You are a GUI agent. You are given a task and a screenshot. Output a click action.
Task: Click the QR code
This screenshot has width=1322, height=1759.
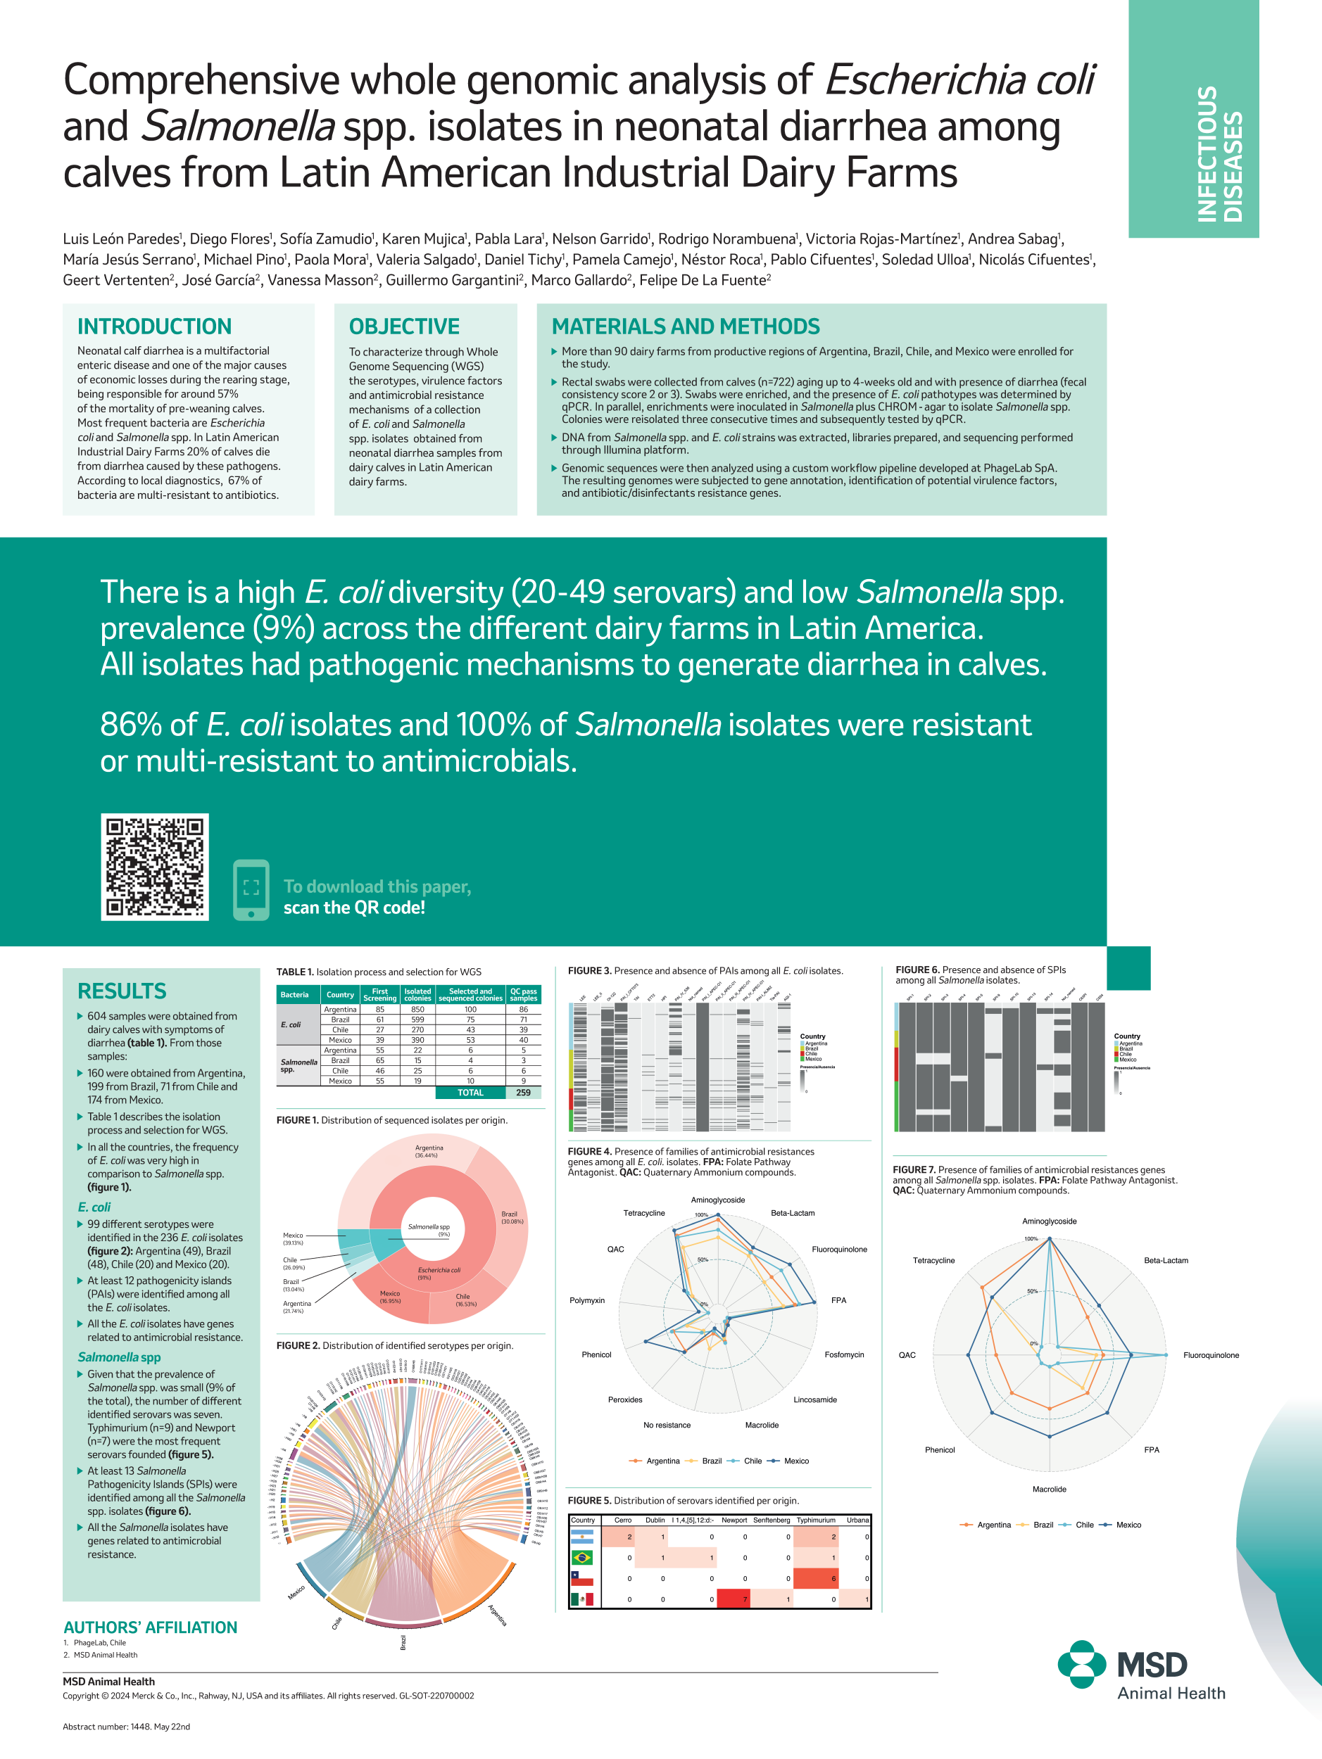coord(154,867)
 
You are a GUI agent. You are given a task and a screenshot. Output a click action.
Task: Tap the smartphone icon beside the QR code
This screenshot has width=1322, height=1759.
coord(251,889)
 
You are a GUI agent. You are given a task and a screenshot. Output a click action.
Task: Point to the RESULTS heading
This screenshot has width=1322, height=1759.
coord(122,991)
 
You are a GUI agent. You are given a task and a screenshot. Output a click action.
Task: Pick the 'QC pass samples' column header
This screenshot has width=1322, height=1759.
coord(524,995)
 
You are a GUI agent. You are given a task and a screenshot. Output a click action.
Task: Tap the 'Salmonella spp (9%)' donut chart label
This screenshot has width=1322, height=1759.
coord(429,1229)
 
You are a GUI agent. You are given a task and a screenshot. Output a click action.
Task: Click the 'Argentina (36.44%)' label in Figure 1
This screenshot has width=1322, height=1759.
coord(429,1150)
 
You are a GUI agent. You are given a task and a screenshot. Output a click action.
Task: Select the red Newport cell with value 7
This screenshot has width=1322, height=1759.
coord(734,1599)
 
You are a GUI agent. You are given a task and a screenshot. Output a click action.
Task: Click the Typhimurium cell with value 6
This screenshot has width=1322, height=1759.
coord(816,1578)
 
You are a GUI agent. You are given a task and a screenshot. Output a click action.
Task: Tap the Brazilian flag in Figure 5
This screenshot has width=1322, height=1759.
coord(582,1558)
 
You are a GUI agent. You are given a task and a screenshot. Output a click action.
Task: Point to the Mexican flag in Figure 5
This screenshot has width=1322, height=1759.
coord(582,1599)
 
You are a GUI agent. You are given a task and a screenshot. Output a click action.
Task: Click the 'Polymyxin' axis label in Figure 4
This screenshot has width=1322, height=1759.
coord(587,1300)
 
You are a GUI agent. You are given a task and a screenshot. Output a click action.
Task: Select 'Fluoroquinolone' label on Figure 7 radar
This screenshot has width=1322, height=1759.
coord(1211,1355)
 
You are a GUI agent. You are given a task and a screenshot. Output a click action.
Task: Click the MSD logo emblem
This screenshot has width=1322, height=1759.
coord(1082,1665)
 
